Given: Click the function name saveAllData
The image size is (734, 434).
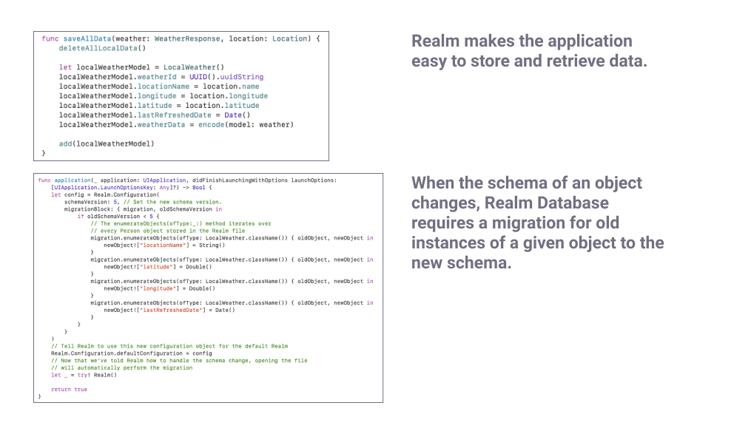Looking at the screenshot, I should point(85,38).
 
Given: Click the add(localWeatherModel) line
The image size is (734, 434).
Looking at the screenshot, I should point(107,144).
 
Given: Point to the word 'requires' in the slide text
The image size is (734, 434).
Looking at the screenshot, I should point(442,223).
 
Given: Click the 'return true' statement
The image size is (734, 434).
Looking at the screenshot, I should point(69,389).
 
